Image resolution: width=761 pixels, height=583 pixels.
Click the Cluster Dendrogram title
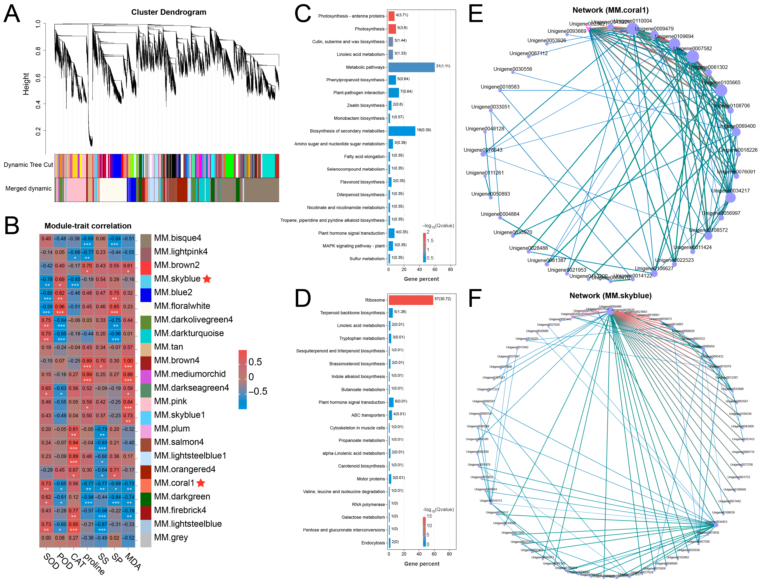[x=168, y=12]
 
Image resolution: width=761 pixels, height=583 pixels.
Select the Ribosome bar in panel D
[x=411, y=300]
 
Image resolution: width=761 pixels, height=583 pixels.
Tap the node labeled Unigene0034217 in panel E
[x=730, y=198]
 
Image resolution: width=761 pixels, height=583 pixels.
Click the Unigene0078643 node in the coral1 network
[x=483, y=154]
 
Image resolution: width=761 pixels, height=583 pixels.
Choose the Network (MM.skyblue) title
[x=610, y=296]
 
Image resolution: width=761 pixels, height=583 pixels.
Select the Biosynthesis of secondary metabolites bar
[x=402, y=131]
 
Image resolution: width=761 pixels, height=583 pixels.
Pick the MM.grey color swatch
[x=146, y=540]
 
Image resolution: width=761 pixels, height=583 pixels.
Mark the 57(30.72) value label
[x=443, y=299]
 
